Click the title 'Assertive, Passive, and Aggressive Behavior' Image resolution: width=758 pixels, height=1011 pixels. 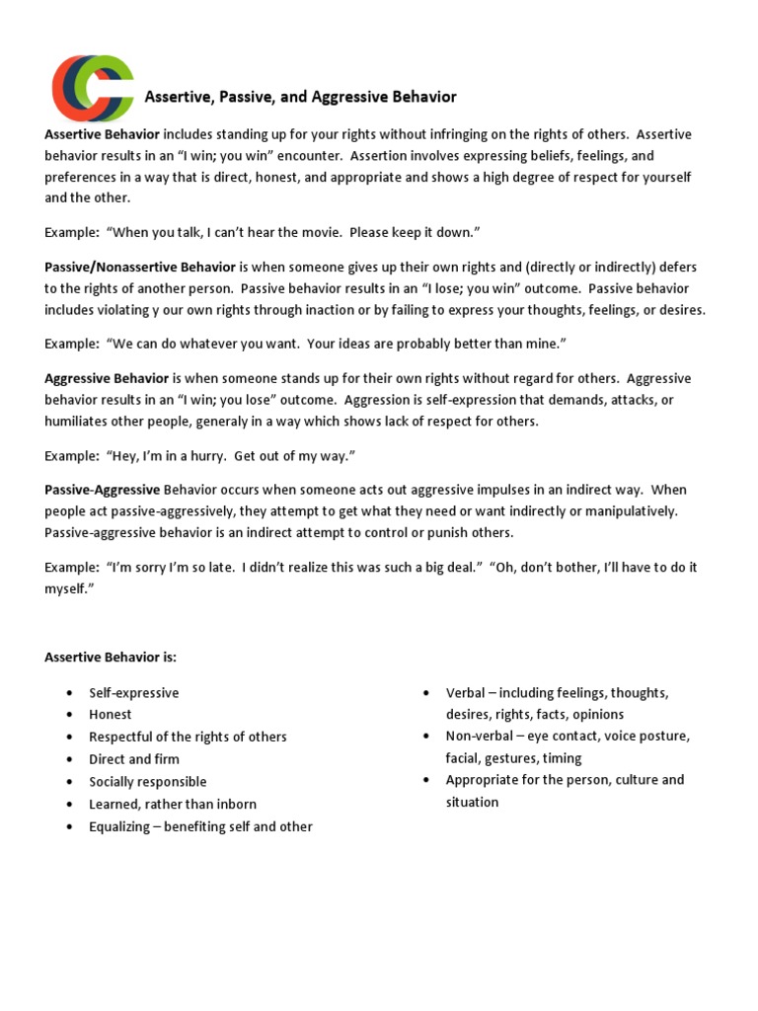click(301, 97)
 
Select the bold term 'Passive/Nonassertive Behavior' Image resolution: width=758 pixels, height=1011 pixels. click(140, 267)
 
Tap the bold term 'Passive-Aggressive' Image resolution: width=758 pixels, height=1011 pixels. click(102, 490)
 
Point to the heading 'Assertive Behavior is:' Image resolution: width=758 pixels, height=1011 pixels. click(111, 657)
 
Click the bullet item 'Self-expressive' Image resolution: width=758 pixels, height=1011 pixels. click(134, 693)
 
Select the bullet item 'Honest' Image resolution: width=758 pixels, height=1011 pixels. click(111, 715)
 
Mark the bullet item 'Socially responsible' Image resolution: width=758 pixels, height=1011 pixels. click(148, 782)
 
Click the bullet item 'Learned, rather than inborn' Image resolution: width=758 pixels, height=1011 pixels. click(173, 805)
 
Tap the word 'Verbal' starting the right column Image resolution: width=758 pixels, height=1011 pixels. click(466, 693)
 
